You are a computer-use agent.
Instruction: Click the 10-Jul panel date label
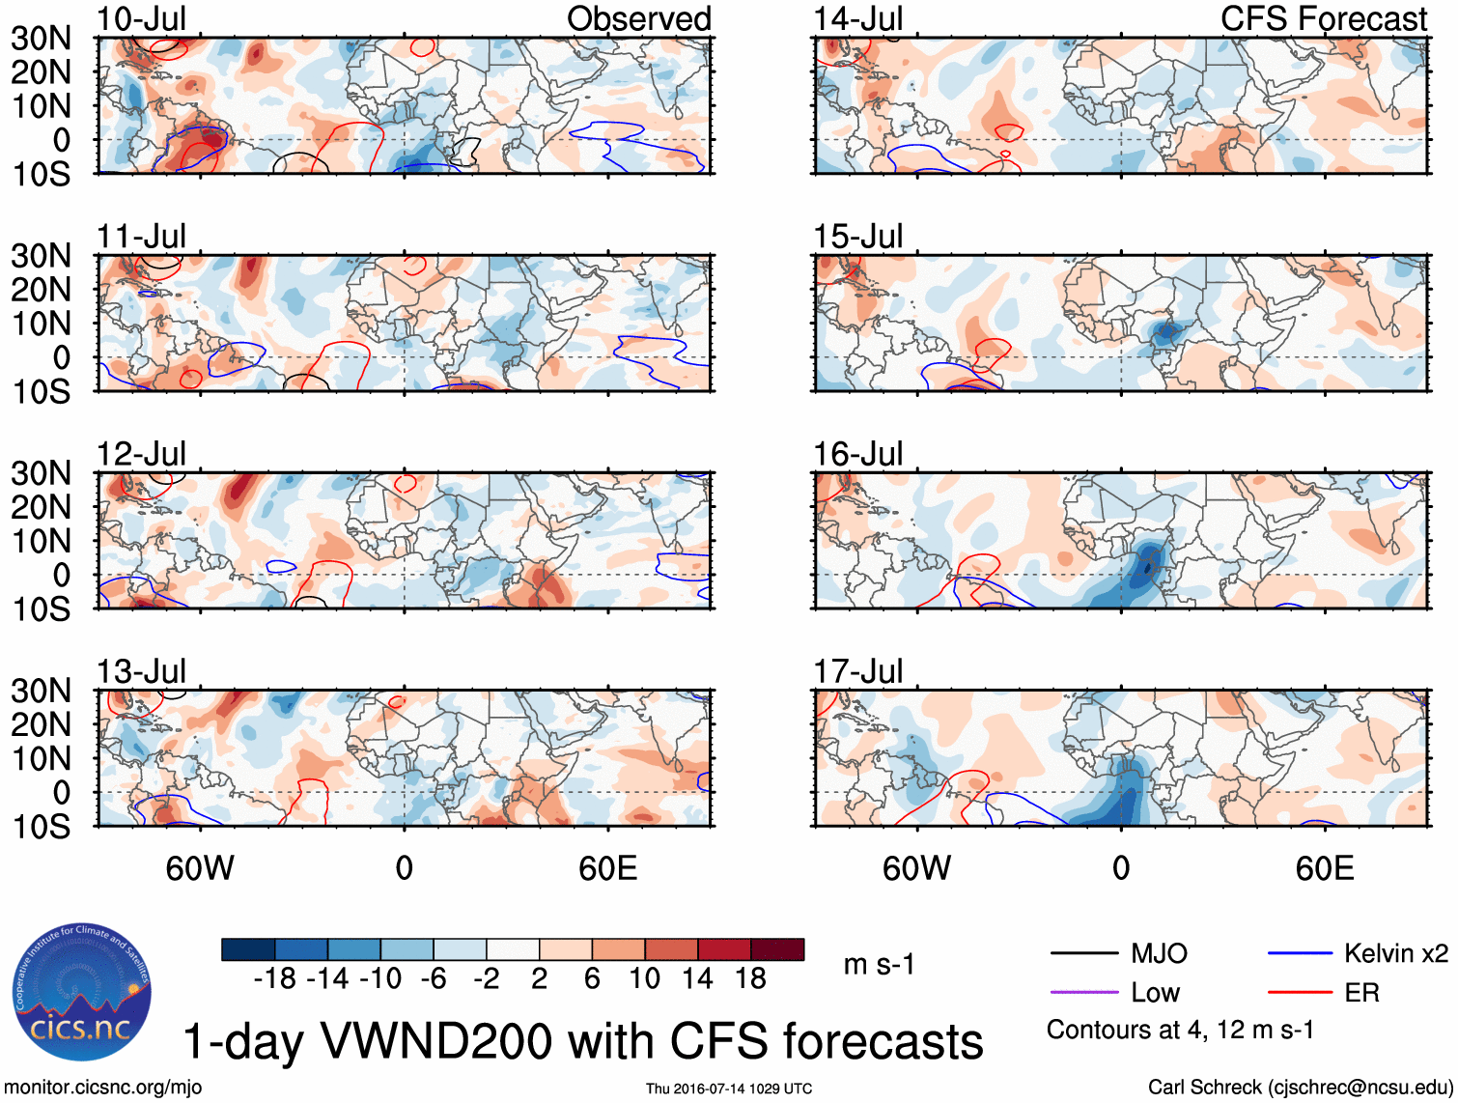pyautogui.click(x=141, y=18)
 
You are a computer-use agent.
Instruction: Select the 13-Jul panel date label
pyautogui.click(x=141, y=670)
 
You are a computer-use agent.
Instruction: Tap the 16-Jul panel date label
pyautogui.click(x=857, y=453)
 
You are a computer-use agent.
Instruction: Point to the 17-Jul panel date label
pyautogui.click(x=857, y=670)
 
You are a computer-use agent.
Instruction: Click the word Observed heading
pyautogui.click(x=638, y=18)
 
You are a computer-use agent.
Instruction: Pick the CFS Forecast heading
pyautogui.click(x=1323, y=18)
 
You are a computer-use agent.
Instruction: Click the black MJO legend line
pyautogui.click(x=1083, y=953)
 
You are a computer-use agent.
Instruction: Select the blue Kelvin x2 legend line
pyautogui.click(x=1300, y=953)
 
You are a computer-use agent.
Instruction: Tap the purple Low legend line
pyautogui.click(x=1083, y=992)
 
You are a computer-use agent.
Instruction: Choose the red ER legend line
pyautogui.click(x=1300, y=992)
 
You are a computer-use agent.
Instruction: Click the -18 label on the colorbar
pyautogui.click(x=275, y=978)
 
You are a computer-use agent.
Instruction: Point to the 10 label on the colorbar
pyautogui.click(x=644, y=978)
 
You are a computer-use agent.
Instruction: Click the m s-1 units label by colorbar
pyautogui.click(x=879, y=964)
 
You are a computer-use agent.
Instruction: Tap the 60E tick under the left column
pyautogui.click(x=607, y=867)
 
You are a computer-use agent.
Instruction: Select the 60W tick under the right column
pyautogui.click(x=916, y=867)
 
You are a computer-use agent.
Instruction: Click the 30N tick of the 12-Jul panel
pyautogui.click(x=41, y=473)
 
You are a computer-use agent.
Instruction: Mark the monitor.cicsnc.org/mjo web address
pyautogui.click(x=103, y=1087)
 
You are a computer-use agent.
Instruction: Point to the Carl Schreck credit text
pyautogui.click(x=1300, y=1087)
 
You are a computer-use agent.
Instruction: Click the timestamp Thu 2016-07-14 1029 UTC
pyautogui.click(x=729, y=1089)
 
